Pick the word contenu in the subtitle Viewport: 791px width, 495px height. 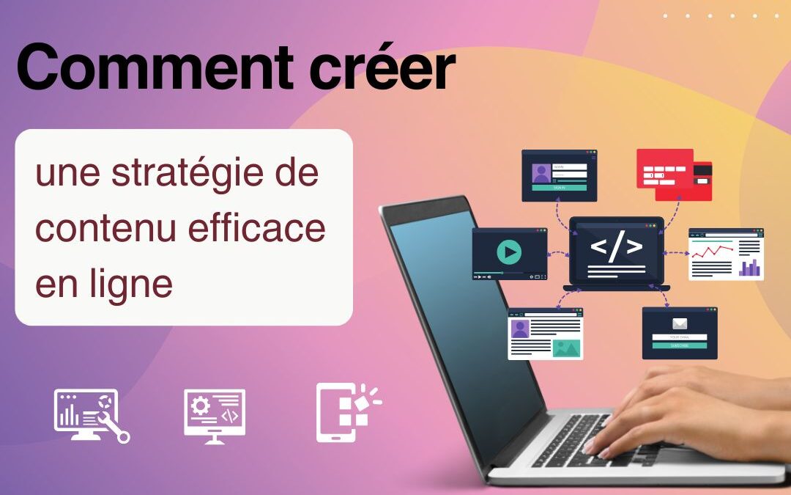click(99, 229)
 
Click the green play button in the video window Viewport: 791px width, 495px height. click(509, 252)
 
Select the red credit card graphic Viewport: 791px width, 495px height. click(673, 175)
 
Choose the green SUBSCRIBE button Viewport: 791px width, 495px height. click(680, 345)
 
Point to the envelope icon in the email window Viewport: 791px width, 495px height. click(680, 323)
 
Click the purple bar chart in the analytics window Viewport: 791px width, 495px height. click(749, 268)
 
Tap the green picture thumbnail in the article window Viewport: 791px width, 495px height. click(567, 347)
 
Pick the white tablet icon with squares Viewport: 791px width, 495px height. click(344, 412)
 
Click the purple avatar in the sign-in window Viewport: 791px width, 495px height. click(542, 174)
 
